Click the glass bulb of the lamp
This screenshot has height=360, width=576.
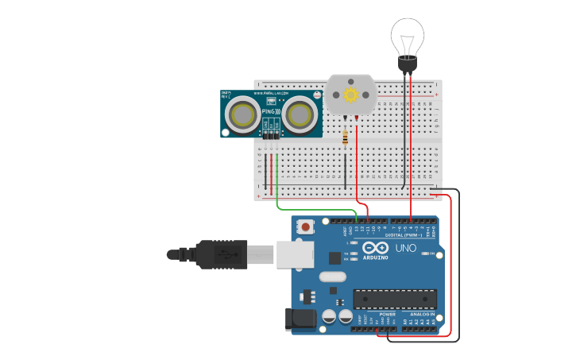407,36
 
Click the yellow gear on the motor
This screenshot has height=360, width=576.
350,95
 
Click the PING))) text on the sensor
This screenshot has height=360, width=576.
271,112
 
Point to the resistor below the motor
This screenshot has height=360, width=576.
345,138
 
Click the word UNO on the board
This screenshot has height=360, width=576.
406,248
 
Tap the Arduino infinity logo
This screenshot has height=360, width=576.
376,249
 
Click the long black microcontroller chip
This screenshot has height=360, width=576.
395,299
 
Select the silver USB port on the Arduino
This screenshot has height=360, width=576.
294,255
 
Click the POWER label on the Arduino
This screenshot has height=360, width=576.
387,314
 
